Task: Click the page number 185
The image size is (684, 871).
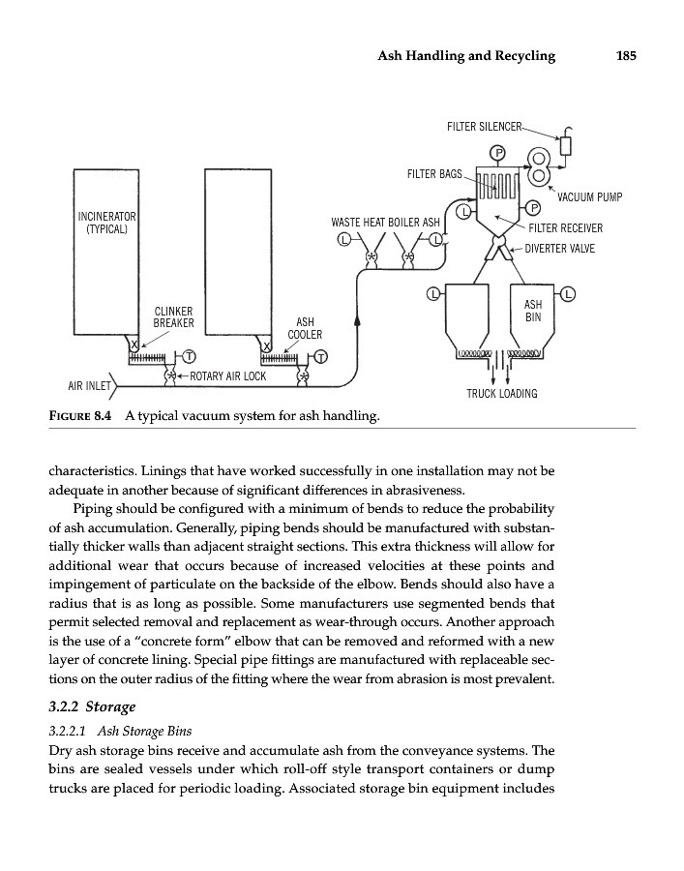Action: [625, 55]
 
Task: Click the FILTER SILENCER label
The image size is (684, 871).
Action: [484, 127]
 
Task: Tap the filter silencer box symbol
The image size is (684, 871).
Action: [566, 146]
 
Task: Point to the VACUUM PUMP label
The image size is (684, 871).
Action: [589, 197]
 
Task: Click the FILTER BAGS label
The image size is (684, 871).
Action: [437, 174]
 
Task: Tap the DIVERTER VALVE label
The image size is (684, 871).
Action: [558, 249]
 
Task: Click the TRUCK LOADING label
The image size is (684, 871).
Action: [501, 394]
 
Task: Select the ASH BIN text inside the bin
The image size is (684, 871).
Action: [532, 310]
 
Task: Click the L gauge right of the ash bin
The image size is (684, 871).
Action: [568, 292]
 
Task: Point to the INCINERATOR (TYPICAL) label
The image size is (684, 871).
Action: [106, 222]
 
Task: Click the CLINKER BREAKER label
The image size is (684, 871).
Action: [174, 316]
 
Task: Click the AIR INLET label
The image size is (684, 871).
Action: [89, 386]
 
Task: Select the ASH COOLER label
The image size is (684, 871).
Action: [305, 328]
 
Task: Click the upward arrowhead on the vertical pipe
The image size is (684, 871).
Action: [357, 320]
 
